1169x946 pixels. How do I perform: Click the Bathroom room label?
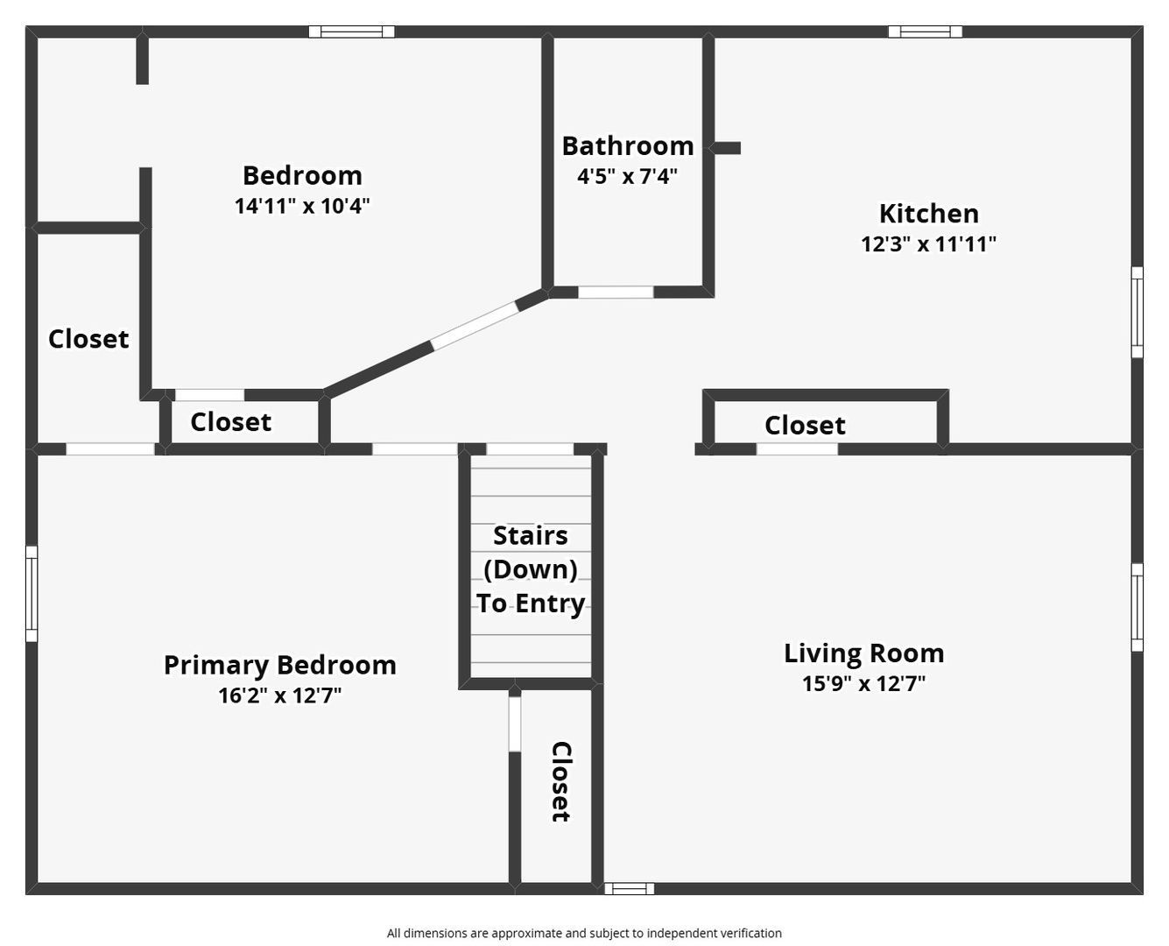[x=627, y=145]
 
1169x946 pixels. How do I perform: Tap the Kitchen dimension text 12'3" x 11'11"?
[x=928, y=244]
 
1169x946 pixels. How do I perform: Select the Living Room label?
[x=863, y=653]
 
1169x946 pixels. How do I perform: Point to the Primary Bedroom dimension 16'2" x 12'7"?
[x=279, y=695]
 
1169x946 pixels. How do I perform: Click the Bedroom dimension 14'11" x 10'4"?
[x=302, y=206]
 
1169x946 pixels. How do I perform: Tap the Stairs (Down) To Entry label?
[x=531, y=569]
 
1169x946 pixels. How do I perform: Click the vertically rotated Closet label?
[x=560, y=781]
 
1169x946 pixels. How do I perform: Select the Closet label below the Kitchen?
[x=804, y=426]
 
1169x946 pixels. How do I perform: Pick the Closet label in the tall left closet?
[x=88, y=339]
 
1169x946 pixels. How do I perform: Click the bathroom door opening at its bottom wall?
[x=616, y=293]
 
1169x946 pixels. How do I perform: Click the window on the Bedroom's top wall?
[x=351, y=32]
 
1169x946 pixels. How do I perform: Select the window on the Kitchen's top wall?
[x=925, y=32]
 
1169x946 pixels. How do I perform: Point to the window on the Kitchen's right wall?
[x=1137, y=312]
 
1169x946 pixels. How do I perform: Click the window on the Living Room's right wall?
[x=1137, y=607]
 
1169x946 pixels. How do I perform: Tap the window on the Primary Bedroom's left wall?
[x=32, y=593]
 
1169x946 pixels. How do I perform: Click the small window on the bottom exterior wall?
[x=629, y=888]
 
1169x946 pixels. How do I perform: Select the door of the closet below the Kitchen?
[x=796, y=449]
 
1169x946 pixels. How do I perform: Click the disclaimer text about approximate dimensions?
[x=584, y=933]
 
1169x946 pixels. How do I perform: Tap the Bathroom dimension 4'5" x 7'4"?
[x=627, y=176]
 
